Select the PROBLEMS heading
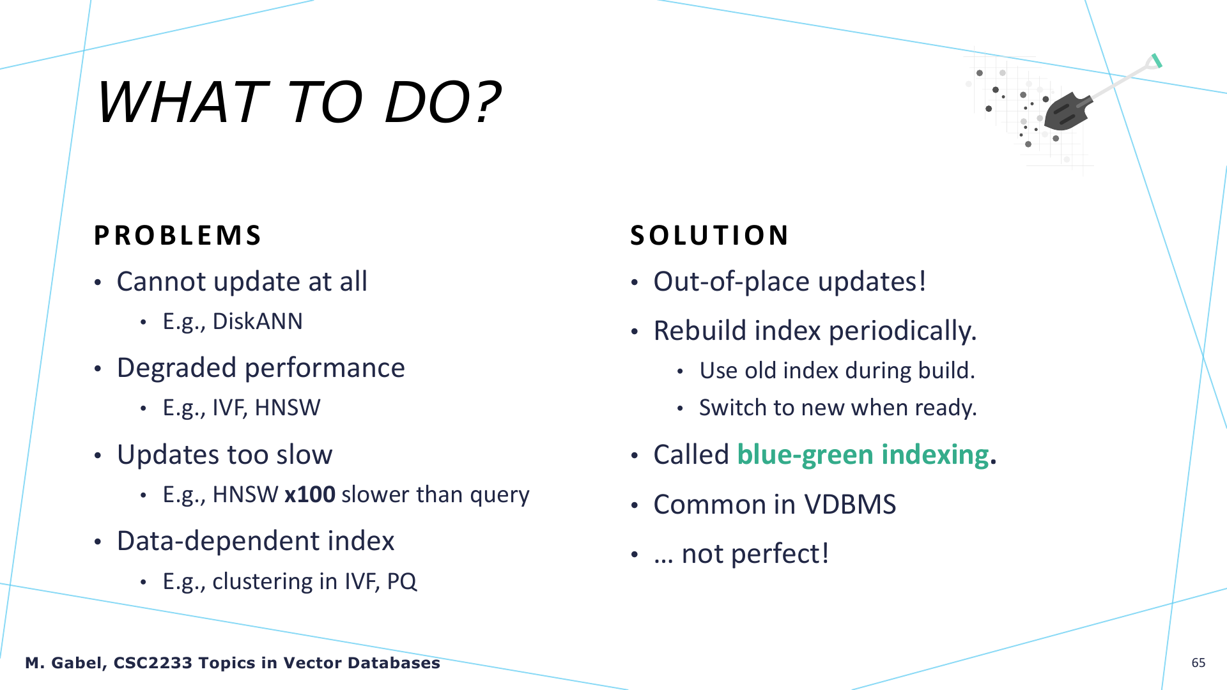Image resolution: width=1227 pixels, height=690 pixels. pos(178,235)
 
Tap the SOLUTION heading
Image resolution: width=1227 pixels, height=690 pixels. pos(709,235)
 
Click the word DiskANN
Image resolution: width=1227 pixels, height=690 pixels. pos(258,321)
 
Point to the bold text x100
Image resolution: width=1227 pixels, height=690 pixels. pos(310,494)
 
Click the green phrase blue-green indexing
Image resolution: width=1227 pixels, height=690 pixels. pos(863,455)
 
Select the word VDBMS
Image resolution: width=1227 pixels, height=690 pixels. pos(850,505)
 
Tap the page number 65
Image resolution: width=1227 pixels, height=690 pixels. pos(1198,663)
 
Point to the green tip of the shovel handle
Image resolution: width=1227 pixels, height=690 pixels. pos(1156,61)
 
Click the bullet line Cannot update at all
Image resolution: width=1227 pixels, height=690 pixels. pos(242,282)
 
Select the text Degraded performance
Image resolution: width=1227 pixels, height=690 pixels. pos(261,369)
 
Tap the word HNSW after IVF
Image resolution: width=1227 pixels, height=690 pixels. pos(288,408)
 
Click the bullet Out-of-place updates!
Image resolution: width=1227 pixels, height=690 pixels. pos(790,282)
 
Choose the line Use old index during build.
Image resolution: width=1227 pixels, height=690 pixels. pos(837,371)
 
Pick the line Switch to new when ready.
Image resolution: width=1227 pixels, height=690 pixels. pos(838,408)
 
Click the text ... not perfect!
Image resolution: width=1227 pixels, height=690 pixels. pos(741,554)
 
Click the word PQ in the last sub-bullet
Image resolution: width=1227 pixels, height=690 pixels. pos(402,581)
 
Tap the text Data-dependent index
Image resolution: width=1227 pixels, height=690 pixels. pos(256,541)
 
